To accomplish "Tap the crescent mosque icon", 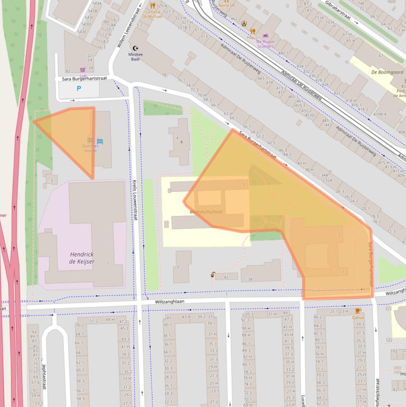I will tap(139, 47).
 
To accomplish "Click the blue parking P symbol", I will tap(79, 89).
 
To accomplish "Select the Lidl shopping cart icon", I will tap(83, 70).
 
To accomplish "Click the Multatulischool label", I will tap(206, 211).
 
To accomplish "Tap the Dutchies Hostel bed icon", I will tap(99, 141).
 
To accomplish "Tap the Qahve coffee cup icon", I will tap(358, 311).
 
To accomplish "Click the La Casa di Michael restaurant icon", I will tap(153, 6).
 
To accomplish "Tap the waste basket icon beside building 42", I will tap(213, 274).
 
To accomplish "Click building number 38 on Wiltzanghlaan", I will tap(250, 279).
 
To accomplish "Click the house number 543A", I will tap(96, 4).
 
